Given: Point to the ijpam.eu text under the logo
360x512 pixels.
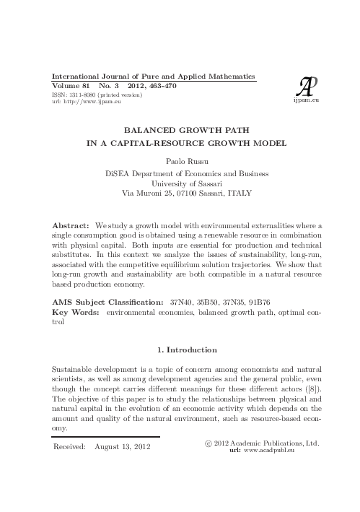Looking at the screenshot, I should pos(306,103).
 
